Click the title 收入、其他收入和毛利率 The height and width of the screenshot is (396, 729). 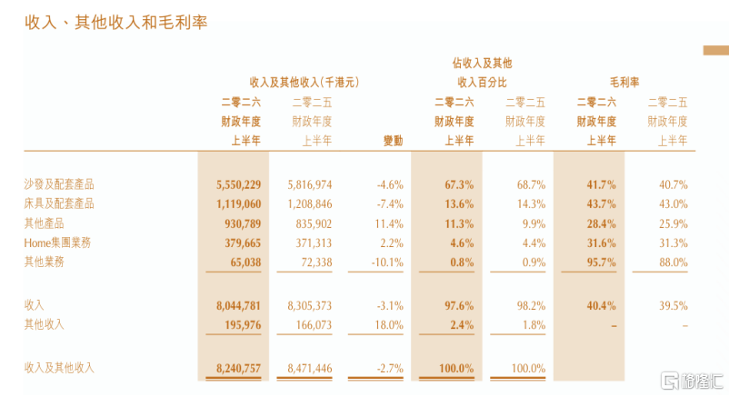115,22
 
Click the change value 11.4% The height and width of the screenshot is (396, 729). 389,223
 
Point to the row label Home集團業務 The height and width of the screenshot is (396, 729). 57,243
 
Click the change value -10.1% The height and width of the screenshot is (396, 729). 387,262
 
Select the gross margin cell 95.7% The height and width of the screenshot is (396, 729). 601,262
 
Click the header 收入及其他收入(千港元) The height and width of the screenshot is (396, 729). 305,83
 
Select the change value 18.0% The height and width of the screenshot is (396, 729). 389,324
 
